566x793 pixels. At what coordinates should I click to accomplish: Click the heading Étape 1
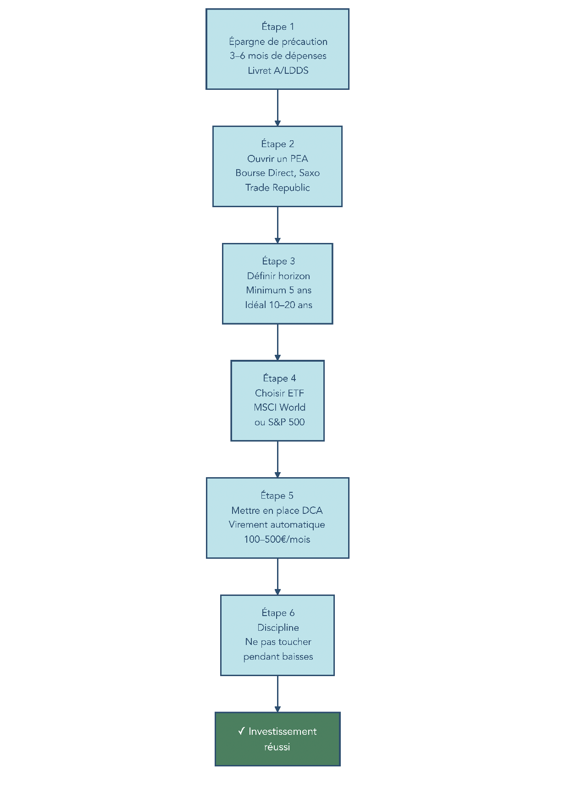(x=277, y=27)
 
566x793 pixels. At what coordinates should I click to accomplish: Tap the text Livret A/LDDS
(x=278, y=71)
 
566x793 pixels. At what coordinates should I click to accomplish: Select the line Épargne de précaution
(x=278, y=42)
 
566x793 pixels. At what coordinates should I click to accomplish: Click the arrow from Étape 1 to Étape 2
(x=277, y=108)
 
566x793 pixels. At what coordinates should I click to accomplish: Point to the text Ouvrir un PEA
(x=277, y=159)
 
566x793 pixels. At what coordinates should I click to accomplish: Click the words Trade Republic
(x=277, y=188)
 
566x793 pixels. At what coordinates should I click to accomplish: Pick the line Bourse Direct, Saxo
(x=277, y=173)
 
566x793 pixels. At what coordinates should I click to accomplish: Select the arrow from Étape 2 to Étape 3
(x=277, y=225)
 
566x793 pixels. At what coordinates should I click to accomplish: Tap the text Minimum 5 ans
(x=278, y=290)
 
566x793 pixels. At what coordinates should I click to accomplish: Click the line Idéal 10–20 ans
(x=278, y=305)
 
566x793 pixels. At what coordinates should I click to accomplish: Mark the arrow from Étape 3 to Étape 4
(x=277, y=342)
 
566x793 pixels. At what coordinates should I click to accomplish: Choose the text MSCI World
(x=279, y=408)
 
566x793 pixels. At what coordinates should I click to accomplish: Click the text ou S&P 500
(x=279, y=422)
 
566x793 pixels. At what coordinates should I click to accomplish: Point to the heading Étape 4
(x=279, y=378)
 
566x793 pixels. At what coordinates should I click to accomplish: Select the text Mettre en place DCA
(x=277, y=511)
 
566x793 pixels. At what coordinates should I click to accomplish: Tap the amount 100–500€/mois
(x=277, y=540)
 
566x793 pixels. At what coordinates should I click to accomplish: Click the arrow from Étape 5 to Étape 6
(x=277, y=577)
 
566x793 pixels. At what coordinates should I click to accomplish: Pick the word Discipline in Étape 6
(x=278, y=628)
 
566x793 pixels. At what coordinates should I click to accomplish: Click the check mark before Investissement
(x=241, y=731)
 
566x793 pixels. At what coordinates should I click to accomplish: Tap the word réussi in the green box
(x=277, y=747)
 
